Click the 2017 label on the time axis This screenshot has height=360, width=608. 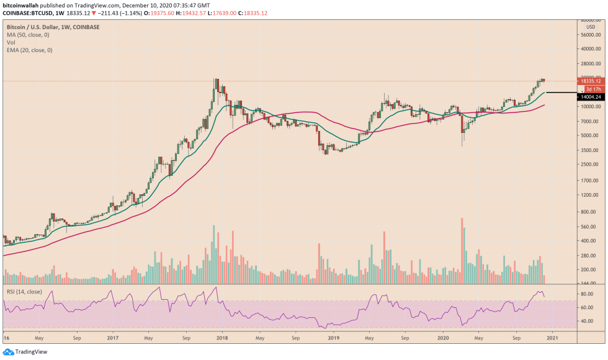(x=112, y=339)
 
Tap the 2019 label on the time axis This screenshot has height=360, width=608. (x=334, y=339)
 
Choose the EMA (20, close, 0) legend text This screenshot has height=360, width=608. (x=29, y=50)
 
